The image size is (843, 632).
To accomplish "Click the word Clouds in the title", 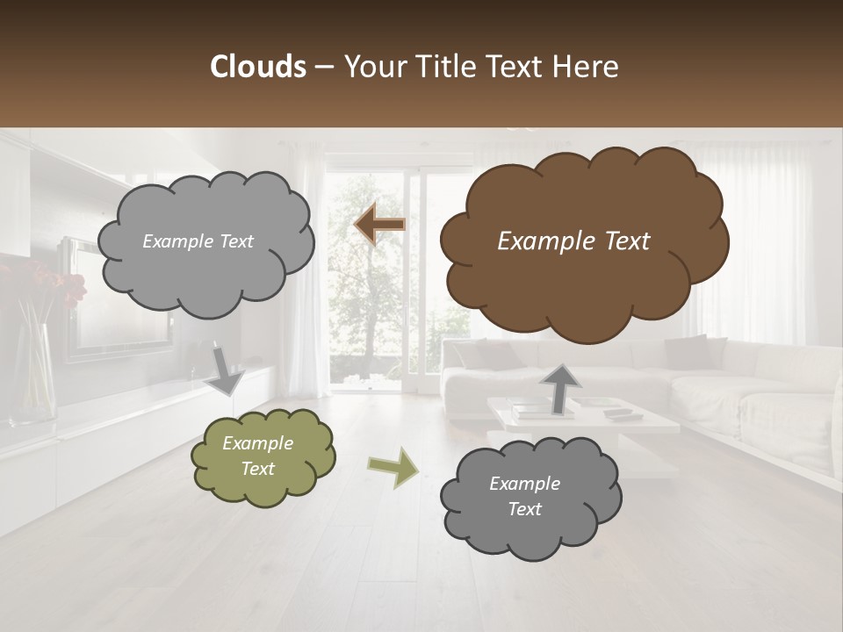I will [x=258, y=67].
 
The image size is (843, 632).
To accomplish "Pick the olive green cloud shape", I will [x=263, y=456].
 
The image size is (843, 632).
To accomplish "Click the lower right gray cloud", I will [x=530, y=497].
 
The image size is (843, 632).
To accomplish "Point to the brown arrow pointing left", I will [x=379, y=225].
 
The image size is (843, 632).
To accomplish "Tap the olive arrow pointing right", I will [x=393, y=466].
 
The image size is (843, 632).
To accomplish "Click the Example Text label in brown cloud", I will [x=573, y=241].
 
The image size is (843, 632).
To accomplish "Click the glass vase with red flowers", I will [x=33, y=373].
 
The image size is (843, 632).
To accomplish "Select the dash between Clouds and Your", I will [x=324, y=67].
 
